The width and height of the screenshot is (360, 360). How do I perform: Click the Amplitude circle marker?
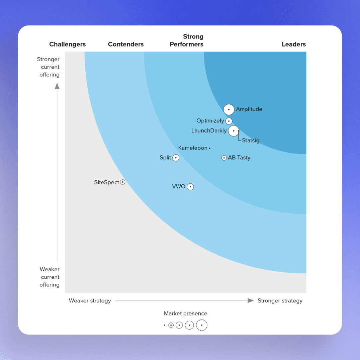[229, 109]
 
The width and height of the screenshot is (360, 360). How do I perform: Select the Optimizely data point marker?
[229, 121]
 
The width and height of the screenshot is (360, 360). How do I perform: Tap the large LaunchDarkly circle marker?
[234, 131]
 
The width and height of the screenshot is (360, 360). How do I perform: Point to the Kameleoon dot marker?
[209, 148]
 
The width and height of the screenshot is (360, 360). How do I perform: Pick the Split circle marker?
[176, 158]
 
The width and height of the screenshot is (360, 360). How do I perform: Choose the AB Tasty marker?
[224, 158]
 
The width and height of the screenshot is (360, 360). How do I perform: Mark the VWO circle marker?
[190, 187]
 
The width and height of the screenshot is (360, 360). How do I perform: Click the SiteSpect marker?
[123, 182]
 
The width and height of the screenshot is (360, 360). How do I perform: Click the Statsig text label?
[251, 141]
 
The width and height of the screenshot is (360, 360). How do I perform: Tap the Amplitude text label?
[249, 109]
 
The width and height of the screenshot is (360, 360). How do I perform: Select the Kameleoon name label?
[193, 148]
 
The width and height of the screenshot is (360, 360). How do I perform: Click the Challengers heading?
[67, 44]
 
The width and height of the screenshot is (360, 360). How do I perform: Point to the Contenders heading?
[126, 44]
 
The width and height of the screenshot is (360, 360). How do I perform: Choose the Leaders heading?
[293, 44]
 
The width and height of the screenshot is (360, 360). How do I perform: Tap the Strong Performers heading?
[187, 40]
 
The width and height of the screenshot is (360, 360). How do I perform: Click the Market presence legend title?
[185, 313]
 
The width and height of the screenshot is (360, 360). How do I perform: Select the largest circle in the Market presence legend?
[202, 325]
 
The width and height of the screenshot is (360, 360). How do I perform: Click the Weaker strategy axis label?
[90, 300]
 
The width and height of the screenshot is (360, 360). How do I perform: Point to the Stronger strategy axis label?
[280, 300]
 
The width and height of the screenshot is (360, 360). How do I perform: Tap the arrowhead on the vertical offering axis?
[57, 86]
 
